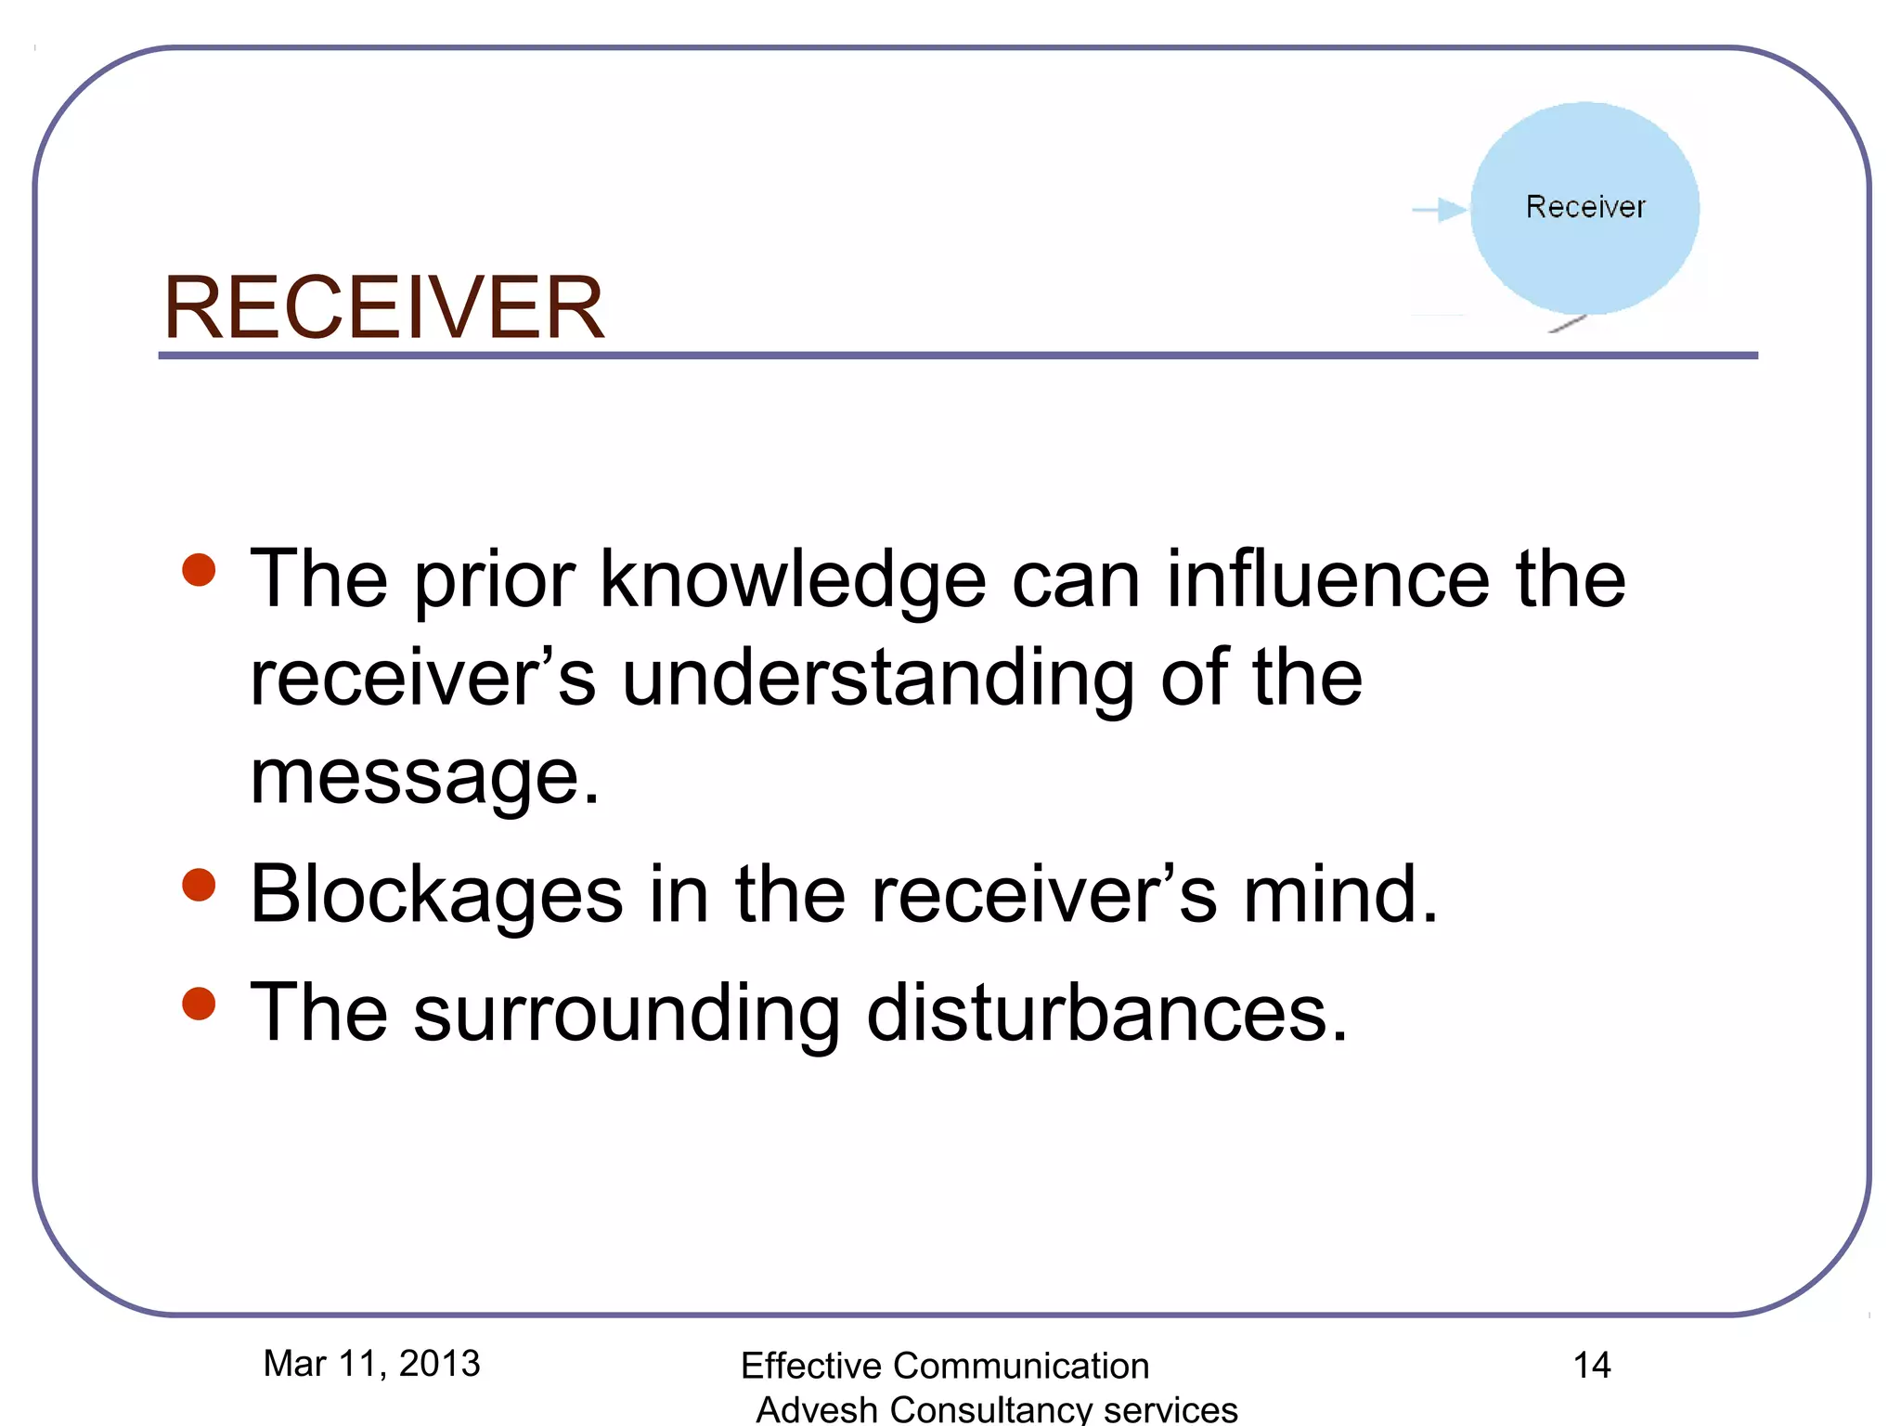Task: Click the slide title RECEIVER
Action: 383,308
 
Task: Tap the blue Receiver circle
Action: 1584,208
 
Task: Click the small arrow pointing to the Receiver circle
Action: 1440,210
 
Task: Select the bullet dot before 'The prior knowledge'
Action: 199,570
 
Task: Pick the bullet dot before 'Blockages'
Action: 199,885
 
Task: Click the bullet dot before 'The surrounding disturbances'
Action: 199,1004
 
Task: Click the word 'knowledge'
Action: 793,580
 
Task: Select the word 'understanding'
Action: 877,680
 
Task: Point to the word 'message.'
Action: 425,777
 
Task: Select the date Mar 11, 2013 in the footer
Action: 371,1364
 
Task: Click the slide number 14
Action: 1592,1365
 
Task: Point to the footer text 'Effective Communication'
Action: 945,1366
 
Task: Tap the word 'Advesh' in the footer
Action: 817,1409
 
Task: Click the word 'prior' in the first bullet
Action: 494,580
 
